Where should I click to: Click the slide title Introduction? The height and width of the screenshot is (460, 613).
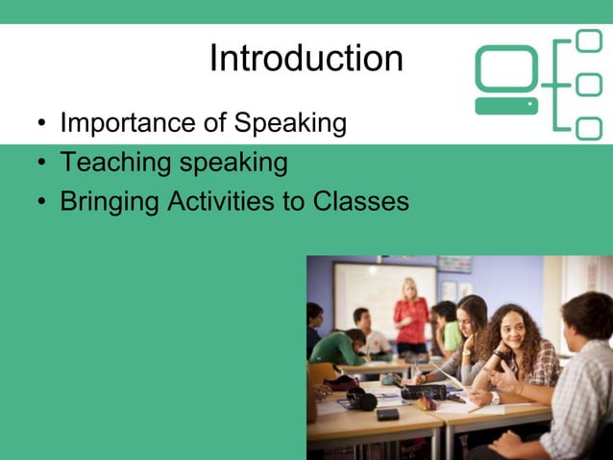(x=306, y=59)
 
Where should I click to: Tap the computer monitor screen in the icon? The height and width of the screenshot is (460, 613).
(x=506, y=68)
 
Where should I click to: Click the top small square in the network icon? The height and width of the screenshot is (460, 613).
(x=588, y=41)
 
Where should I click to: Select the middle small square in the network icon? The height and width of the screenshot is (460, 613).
(x=588, y=85)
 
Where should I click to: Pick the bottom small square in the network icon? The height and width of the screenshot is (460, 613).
(x=588, y=128)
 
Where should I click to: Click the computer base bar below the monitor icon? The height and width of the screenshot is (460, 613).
(x=506, y=106)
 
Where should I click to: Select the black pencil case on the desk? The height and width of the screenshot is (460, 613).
(x=423, y=392)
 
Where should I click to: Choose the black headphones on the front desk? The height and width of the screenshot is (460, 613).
(x=362, y=398)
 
